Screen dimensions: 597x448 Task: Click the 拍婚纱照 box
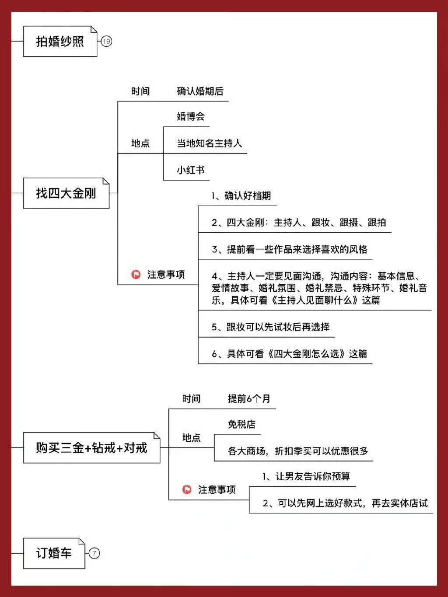tap(60, 42)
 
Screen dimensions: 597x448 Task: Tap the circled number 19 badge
tap(106, 42)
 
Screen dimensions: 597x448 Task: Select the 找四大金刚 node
tap(66, 193)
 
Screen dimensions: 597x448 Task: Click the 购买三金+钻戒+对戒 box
tap(91, 447)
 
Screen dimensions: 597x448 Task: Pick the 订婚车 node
tap(54, 553)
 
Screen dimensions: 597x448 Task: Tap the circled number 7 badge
tap(94, 553)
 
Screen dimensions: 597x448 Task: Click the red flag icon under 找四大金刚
tap(136, 275)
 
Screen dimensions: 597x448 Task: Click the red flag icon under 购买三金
tap(187, 489)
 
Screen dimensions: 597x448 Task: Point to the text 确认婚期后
tap(200, 91)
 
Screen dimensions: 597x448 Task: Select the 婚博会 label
tap(191, 116)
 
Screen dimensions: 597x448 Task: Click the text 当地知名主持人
tap(209, 143)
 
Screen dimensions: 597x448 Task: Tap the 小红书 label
tap(191, 170)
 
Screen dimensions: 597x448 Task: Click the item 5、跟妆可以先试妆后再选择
tap(270, 327)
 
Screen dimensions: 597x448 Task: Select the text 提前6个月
tap(249, 399)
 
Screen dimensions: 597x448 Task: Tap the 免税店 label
tap(241, 424)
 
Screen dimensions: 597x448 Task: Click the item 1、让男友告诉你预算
tap(306, 476)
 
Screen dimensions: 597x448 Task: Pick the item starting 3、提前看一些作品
tap(289, 249)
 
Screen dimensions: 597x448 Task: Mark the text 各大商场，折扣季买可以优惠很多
tap(298, 451)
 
